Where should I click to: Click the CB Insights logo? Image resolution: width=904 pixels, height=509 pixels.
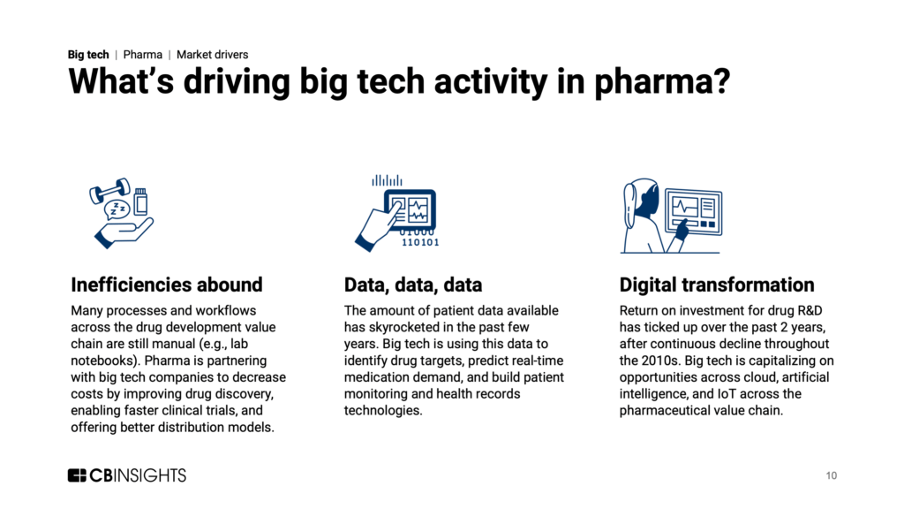tap(127, 475)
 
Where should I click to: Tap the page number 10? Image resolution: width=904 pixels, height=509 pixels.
tap(831, 475)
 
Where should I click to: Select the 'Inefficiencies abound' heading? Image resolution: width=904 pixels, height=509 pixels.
tap(167, 285)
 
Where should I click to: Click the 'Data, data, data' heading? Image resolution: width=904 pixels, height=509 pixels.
tap(413, 285)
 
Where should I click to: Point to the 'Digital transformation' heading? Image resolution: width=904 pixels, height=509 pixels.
tap(717, 285)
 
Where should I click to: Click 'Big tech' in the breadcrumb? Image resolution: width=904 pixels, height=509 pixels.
tap(88, 54)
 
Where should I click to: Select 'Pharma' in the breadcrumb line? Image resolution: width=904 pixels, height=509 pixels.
tap(142, 54)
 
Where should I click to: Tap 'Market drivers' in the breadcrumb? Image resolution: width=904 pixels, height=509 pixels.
tap(212, 54)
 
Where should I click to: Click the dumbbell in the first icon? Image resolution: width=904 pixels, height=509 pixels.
tap(109, 191)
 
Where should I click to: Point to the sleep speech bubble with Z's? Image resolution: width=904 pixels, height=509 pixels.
tap(117, 210)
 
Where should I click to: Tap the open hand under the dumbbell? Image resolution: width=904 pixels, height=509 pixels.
tap(124, 233)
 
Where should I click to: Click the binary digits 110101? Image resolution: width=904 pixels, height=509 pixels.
tap(420, 242)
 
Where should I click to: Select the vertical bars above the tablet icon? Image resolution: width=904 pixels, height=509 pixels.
tap(387, 180)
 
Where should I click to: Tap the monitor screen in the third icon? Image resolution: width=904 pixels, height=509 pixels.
tap(694, 211)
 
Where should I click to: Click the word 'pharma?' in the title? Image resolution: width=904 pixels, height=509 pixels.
tap(662, 81)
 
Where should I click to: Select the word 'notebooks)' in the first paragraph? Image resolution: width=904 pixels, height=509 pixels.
tap(104, 361)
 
